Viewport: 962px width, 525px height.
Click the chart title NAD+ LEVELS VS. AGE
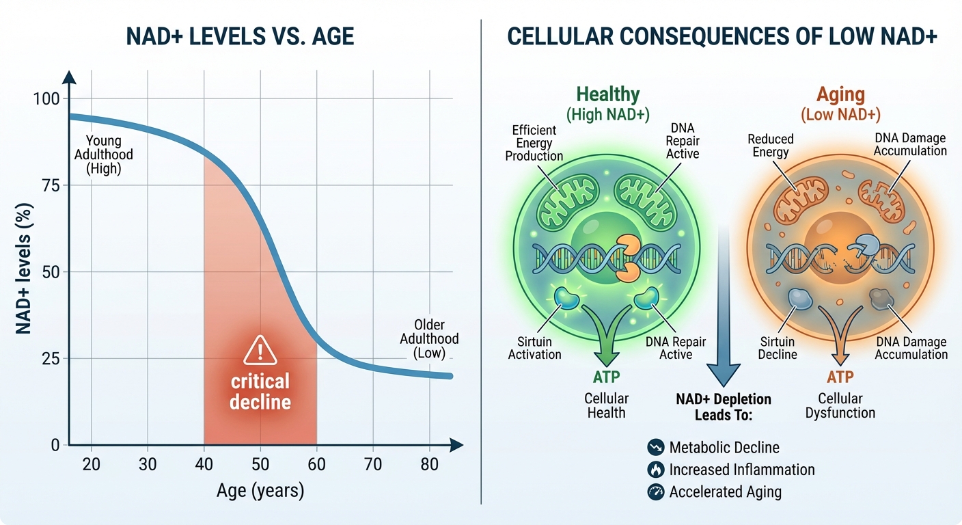point(240,36)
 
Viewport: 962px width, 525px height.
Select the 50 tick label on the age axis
point(260,465)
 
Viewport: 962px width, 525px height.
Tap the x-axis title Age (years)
point(260,491)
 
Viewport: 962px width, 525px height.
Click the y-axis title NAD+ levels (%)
point(24,271)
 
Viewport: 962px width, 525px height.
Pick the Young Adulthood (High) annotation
point(104,154)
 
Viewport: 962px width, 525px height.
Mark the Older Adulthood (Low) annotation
point(429,338)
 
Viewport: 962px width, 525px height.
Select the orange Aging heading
point(840,94)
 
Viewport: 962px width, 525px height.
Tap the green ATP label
point(606,377)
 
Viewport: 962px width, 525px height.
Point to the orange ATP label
point(840,377)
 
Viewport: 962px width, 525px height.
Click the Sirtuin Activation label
point(534,347)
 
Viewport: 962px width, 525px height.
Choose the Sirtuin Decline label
point(778,347)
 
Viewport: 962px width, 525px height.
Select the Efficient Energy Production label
point(534,143)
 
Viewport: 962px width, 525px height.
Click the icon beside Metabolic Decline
point(655,448)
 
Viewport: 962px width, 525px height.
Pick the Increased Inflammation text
point(742,470)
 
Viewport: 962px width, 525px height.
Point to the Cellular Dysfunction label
point(840,405)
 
